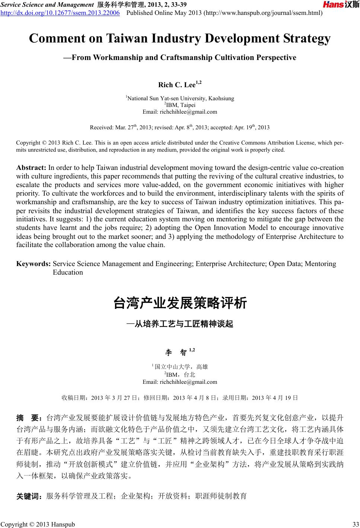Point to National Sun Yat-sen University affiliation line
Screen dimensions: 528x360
click(x=180, y=98)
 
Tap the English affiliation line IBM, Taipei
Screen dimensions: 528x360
click(x=180, y=105)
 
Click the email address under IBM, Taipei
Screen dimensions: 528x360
click(x=180, y=112)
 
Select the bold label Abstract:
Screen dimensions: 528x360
click(x=31, y=167)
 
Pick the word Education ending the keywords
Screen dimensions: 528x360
click(x=68, y=272)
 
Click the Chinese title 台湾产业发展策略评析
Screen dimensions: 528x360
click(x=180, y=303)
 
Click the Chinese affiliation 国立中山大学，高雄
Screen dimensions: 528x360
click(x=181, y=367)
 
